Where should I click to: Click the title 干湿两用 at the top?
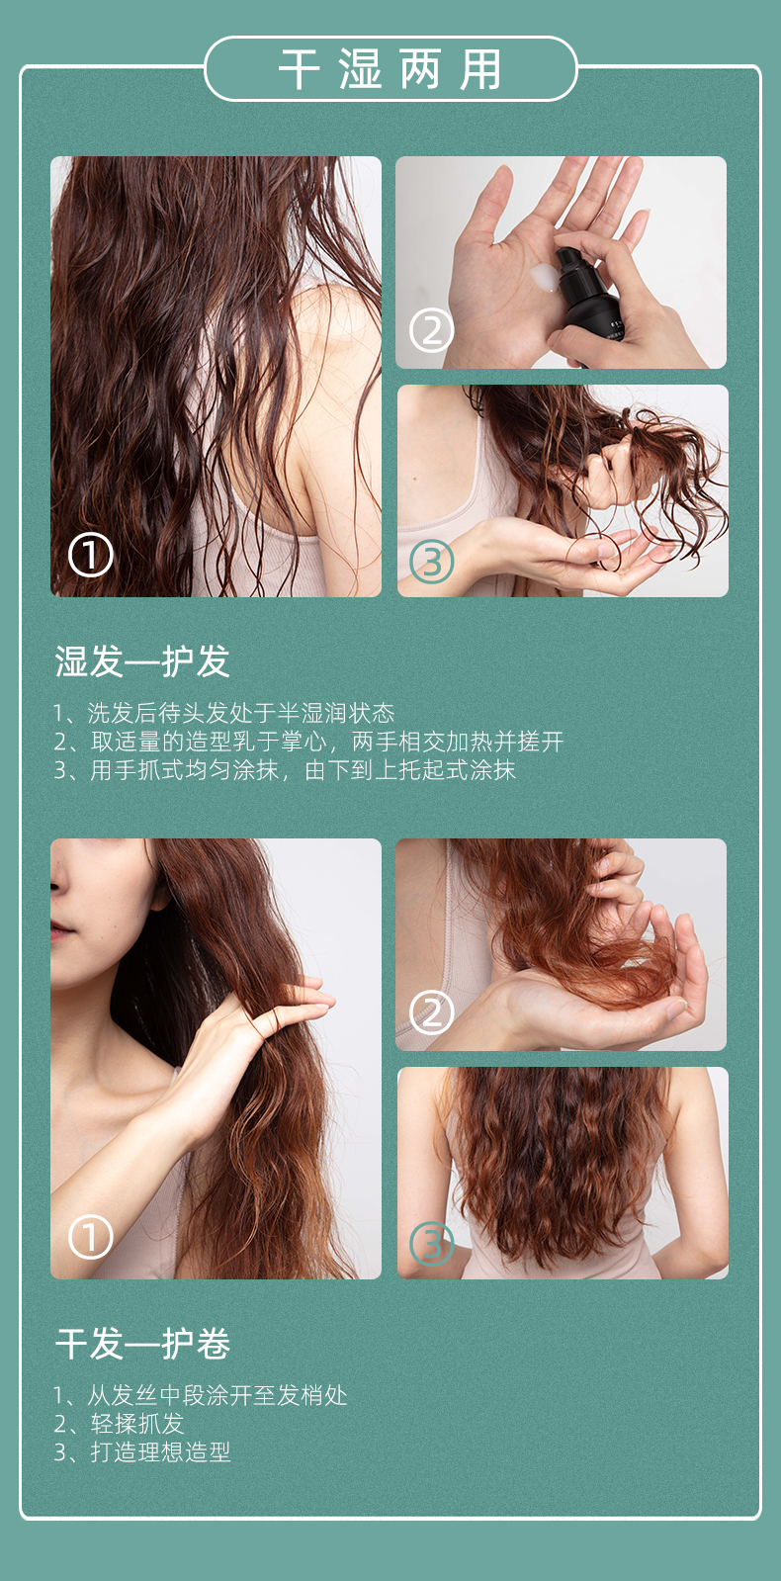tap(390, 69)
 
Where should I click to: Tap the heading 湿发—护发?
tap(142, 661)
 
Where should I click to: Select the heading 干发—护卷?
tap(142, 1343)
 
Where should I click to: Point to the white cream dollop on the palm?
tap(544, 276)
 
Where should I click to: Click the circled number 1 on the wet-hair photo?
tap(90, 555)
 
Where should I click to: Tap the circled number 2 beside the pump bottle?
tap(432, 329)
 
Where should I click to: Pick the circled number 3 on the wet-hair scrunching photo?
tap(432, 562)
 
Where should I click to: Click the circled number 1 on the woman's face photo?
tap(90, 1237)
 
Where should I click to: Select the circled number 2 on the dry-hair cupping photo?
tap(432, 1012)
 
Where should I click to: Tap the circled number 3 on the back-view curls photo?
tap(432, 1244)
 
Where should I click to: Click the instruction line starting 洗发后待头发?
tap(223, 713)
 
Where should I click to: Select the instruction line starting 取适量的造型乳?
tap(308, 742)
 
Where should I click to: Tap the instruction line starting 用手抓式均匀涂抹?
tap(285, 769)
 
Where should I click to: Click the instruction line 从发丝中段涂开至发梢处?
tap(201, 1395)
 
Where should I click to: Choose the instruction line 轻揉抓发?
tap(120, 1423)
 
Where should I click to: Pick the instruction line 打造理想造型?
tap(142, 1451)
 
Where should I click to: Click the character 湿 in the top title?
tap(360, 69)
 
